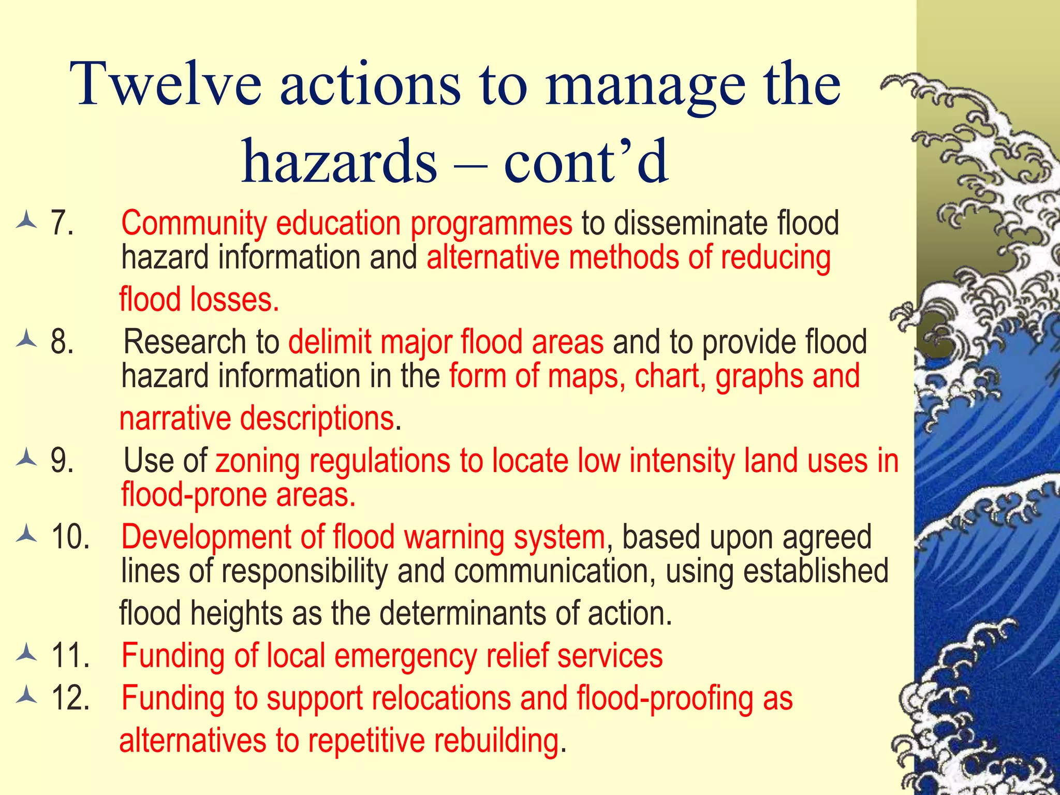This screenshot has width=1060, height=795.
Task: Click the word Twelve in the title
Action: pyautogui.click(x=166, y=84)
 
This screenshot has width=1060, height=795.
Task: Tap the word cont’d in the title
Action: pyautogui.click(x=586, y=161)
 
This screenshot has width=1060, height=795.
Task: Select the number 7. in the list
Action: pyautogui.click(x=62, y=224)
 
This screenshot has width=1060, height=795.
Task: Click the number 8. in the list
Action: pyautogui.click(x=62, y=342)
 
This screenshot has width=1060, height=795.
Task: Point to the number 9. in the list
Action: pyautogui.click(x=62, y=461)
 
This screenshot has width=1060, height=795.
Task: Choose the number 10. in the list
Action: pyautogui.click(x=70, y=537)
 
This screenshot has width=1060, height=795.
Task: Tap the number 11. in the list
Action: pyautogui.click(x=70, y=656)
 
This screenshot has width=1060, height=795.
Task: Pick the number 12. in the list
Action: pyautogui.click(x=70, y=698)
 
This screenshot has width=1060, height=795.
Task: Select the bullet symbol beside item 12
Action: pyautogui.click(x=26, y=697)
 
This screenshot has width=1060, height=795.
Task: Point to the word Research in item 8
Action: pyautogui.click(x=185, y=342)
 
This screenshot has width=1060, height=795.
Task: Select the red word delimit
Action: pyautogui.click(x=330, y=342)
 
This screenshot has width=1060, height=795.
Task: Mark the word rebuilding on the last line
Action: pyautogui.click(x=496, y=740)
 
